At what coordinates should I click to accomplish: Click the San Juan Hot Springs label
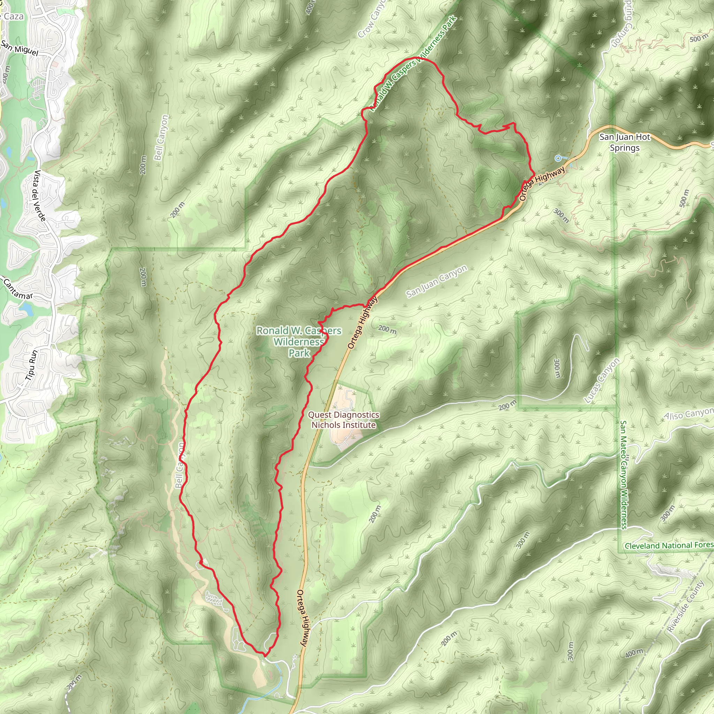[624, 142]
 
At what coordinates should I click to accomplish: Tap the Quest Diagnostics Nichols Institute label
[343, 420]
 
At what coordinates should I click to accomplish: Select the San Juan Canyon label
[436, 281]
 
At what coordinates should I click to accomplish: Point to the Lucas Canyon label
[601, 380]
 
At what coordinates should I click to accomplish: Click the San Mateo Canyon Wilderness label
[623, 474]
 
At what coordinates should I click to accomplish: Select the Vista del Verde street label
[40, 196]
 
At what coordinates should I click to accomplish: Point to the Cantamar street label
[18, 289]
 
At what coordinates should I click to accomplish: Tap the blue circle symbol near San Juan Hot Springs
[558, 159]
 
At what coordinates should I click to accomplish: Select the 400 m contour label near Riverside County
[634, 653]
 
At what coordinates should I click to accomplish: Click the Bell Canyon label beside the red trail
[180, 465]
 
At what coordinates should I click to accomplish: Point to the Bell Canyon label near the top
[161, 137]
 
